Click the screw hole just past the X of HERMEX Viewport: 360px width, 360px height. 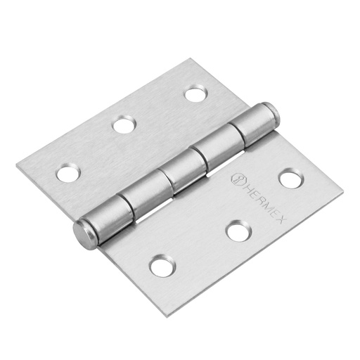[290, 179]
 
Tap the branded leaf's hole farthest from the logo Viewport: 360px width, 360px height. [161, 266]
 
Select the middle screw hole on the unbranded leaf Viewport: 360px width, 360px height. [124, 126]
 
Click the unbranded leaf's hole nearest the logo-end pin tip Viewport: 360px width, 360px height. [194, 93]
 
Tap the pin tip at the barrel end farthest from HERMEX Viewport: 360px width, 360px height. [82, 234]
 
